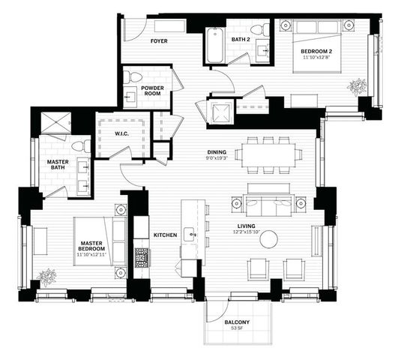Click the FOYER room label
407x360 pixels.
click(x=158, y=40)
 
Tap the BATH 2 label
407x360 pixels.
click(x=241, y=39)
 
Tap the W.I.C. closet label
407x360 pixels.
click(x=123, y=133)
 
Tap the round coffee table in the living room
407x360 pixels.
click(x=270, y=238)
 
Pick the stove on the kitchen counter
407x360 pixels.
click(x=142, y=258)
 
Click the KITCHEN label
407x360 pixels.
click(x=165, y=235)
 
